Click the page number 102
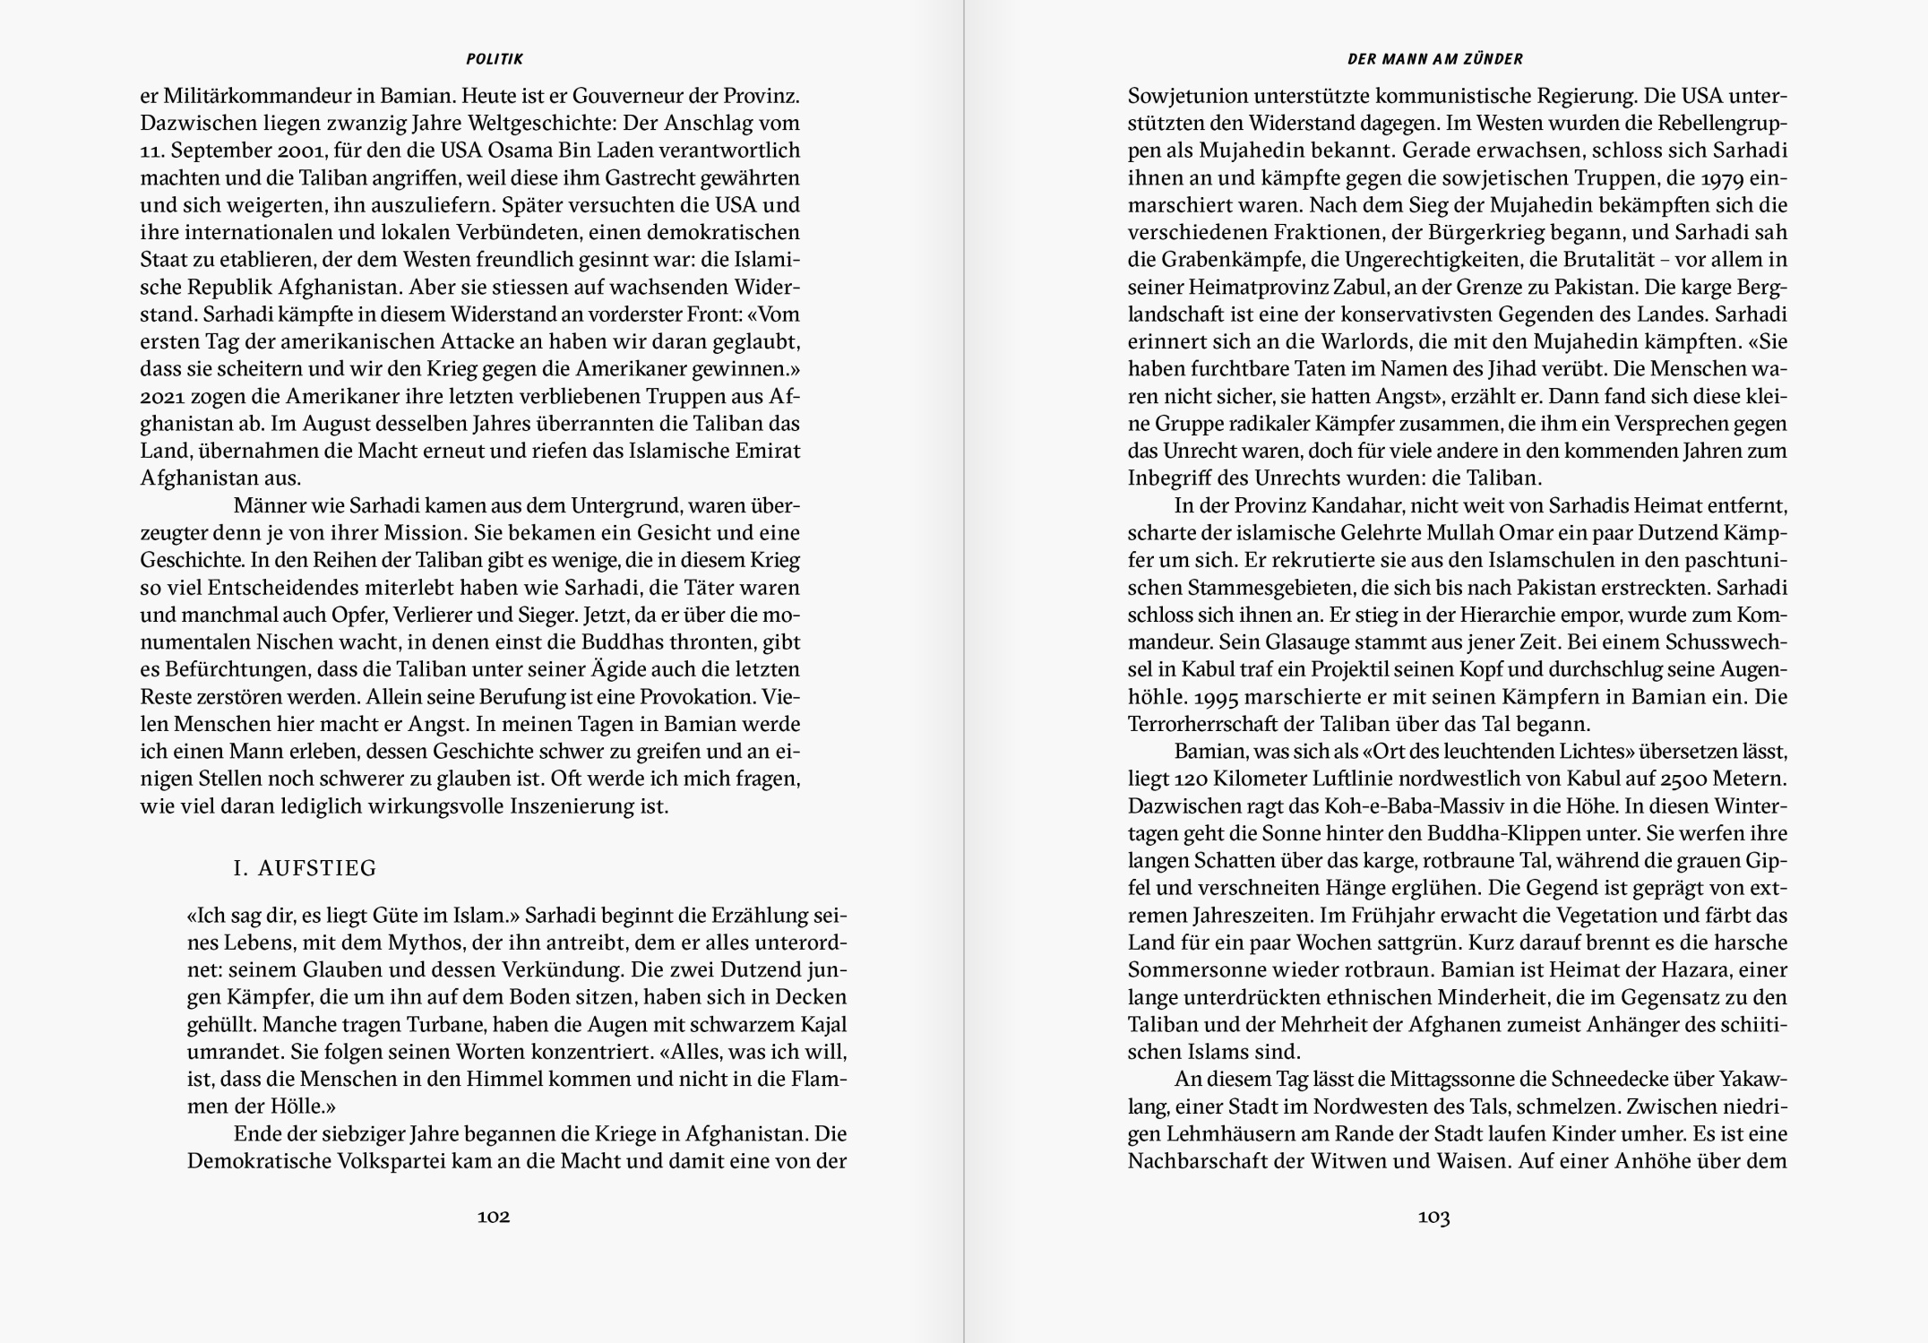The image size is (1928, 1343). point(494,1217)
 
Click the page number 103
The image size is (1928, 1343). point(1433,1217)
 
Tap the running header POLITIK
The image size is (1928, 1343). point(495,59)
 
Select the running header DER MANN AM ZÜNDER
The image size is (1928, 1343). point(1435,59)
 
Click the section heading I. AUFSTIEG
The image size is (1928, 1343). point(305,868)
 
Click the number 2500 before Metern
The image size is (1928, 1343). point(1679,779)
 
